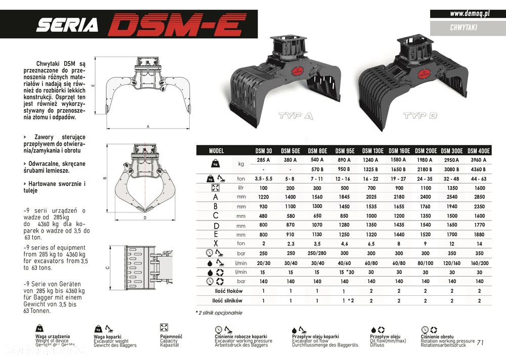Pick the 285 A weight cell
[263, 160]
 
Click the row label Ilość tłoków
[228, 291]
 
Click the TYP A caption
[296, 116]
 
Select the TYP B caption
[420, 116]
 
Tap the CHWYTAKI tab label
[463, 28]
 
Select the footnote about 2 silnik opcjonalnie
[219, 313]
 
